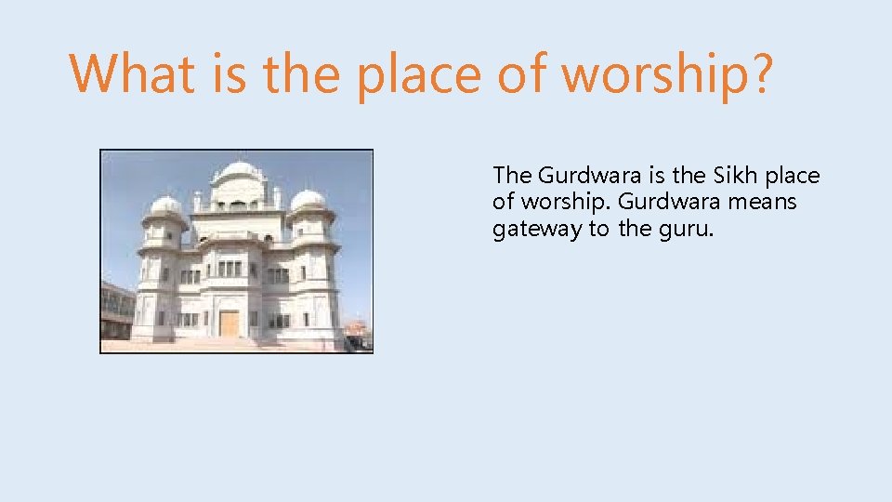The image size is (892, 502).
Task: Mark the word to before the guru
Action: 600,230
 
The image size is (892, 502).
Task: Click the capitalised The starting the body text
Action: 513,175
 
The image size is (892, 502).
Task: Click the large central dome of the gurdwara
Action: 239,173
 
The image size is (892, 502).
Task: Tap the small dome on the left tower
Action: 165,206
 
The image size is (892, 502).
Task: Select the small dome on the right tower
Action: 308,201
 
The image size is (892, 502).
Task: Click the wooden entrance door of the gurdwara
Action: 230,323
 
